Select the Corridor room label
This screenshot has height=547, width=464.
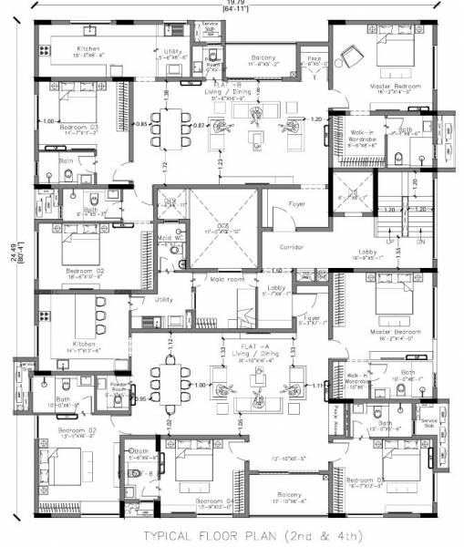click(x=292, y=247)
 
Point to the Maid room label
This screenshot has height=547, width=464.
click(x=227, y=279)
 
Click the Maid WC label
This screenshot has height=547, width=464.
click(x=166, y=239)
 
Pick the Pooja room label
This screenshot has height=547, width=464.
click(x=312, y=57)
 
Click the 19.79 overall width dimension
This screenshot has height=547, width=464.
click(x=235, y=4)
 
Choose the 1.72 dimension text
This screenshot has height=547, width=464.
click(x=165, y=166)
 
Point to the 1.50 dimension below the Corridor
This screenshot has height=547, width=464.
click(x=275, y=271)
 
